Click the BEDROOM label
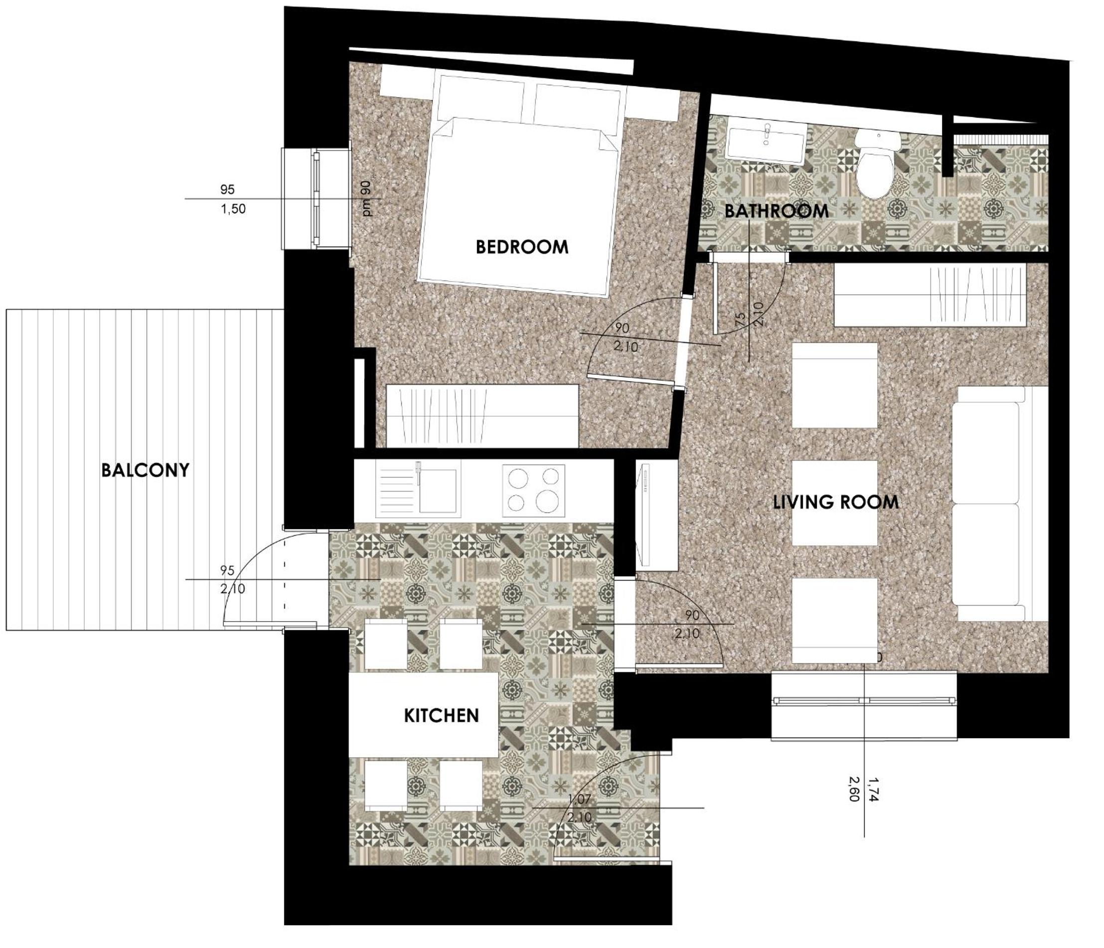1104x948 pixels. click(x=522, y=247)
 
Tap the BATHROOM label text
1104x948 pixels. click(x=777, y=211)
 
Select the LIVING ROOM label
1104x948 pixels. click(x=835, y=502)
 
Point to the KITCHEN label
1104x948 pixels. click(x=441, y=715)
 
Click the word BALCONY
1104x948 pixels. click(x=146, y=470)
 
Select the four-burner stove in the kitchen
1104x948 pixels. click(x=533, y=491)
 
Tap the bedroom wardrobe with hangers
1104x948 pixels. click(x=482, y=416)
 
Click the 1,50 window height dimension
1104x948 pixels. click(x=233, y=209)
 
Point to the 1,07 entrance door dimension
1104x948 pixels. click(x=580, y=799)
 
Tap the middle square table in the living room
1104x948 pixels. click(x=834, y=502)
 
